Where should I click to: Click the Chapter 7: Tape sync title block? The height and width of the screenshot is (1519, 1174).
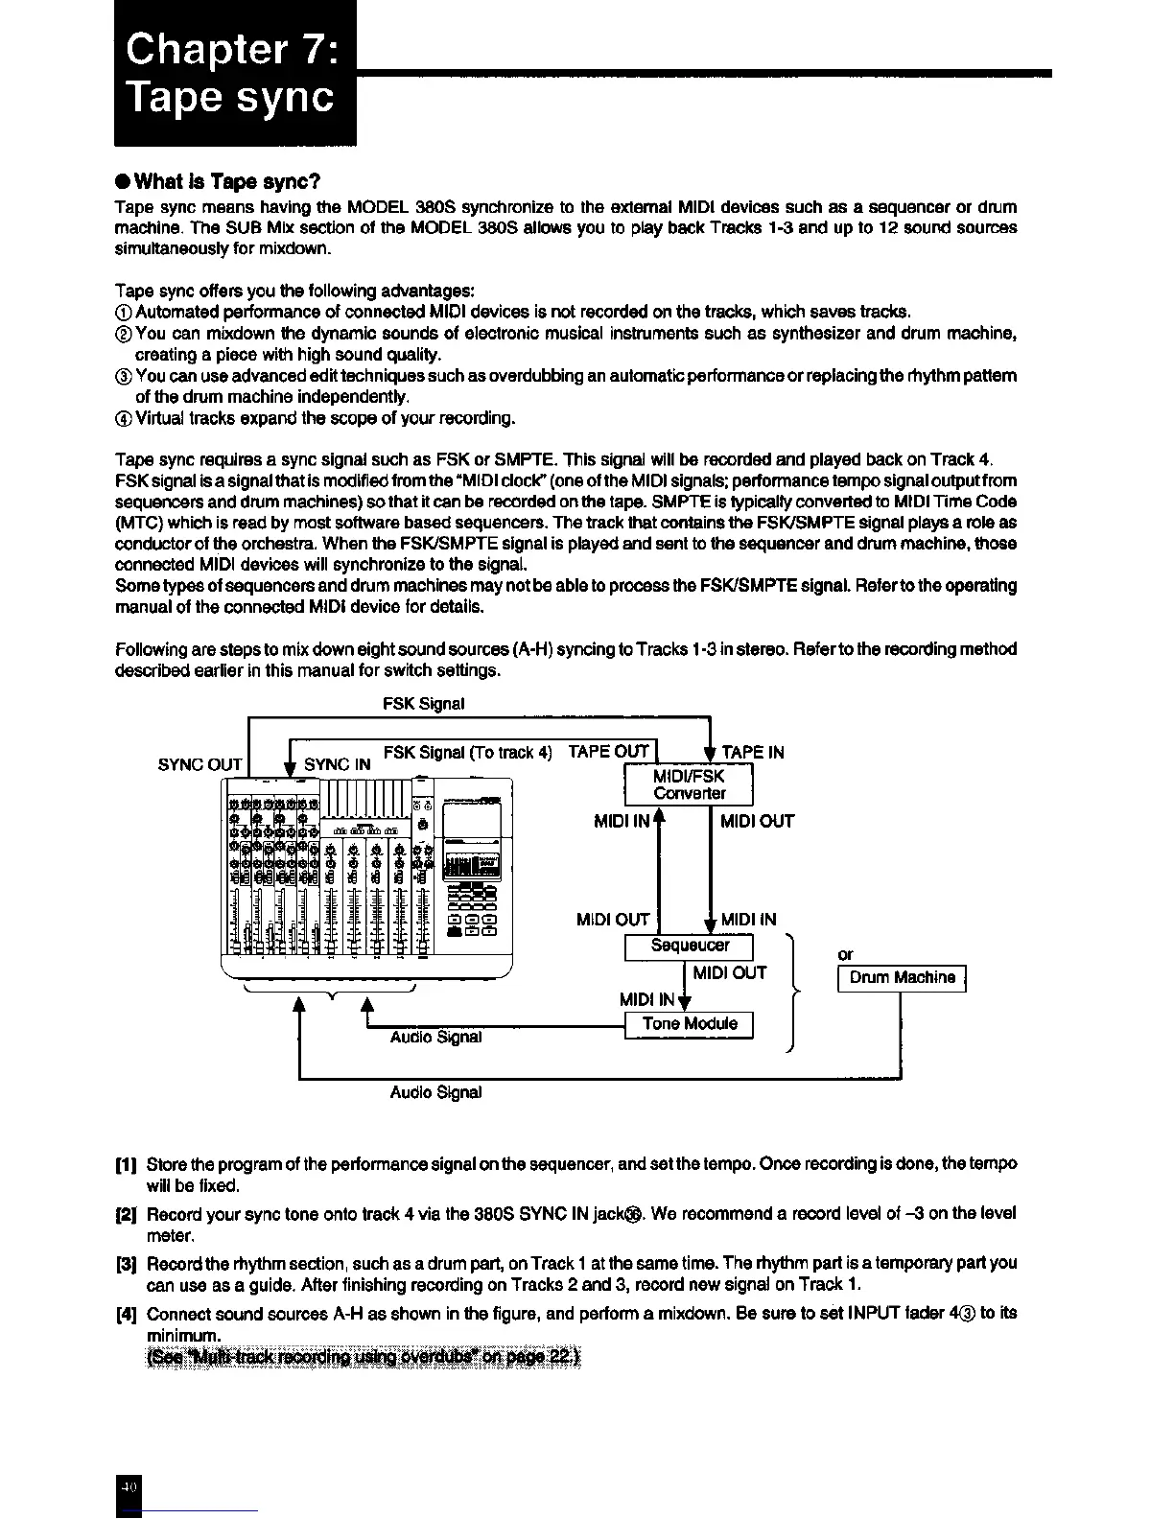pyautogui.click(x=234, y=73)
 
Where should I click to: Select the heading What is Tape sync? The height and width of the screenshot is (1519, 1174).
pyautogui.click(x=218, y=182)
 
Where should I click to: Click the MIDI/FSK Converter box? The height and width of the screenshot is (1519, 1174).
pyautogui.click(x=689, y=785)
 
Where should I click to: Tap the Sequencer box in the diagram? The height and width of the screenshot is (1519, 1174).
pyautogui.click(x=689, y=946)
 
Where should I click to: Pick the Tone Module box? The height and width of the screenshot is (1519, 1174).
pyautogui.click(x=689, y=1024)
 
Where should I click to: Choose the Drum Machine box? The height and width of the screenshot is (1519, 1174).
pyautogui.click(x=902, y=978)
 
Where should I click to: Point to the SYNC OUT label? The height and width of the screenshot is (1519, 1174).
pyautogui.click(x=200, y=765)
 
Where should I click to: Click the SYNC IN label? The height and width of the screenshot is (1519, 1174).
pyautogui.click(x=337, y=765)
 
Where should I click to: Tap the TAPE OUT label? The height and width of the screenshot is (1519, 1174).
pyautogui.click(x=608, y=752)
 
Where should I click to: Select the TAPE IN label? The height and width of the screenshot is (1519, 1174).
pyautogui.click(x=752, y=753)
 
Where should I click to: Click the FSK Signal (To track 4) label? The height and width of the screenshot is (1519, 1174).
pyautogui.click(x=467, y=753)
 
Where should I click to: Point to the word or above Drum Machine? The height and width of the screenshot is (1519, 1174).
pyautogui.click(x=845, y=955)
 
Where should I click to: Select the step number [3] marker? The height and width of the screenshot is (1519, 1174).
pyautogui.click(x=126, y=1264)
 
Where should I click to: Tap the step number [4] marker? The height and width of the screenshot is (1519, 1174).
pyautogui.click(x=126, y=1314)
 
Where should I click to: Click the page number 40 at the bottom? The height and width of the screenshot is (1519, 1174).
pyautogui.click(x=129, y=1486)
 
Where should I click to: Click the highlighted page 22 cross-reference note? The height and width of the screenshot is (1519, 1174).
pyautogui.click(x=364, y=1357)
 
